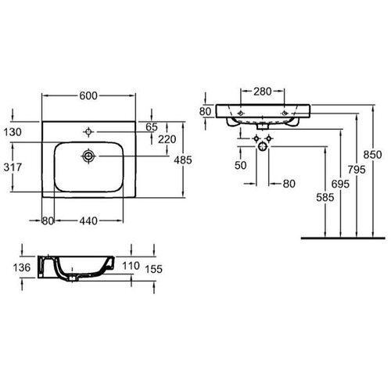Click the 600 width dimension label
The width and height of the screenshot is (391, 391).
coord(88,95)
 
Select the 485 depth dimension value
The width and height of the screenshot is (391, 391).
coord(183,160)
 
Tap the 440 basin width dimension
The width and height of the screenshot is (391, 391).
coord(88,221)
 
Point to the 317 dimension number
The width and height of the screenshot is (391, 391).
coord(13,167)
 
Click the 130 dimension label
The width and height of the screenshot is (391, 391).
coord(13,132)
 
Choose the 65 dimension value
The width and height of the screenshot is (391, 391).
coord(152,127)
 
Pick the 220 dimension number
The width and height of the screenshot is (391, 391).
coord(167,139)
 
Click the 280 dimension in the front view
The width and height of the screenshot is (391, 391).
coord(263,91)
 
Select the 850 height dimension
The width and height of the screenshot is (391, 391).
coord(373,155)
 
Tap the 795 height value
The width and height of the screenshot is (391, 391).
coord(357,170)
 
